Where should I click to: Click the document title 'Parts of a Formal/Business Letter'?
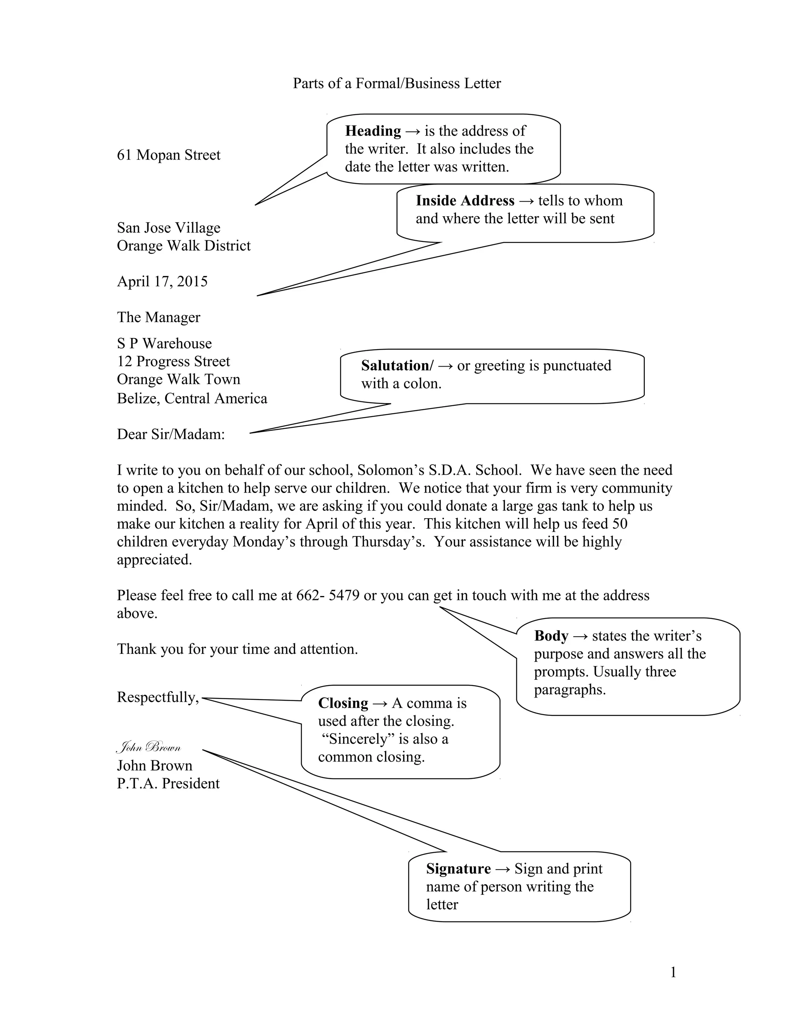coord(397,84)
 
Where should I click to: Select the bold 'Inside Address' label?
coord(465,201)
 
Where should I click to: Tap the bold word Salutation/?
coord(397,365)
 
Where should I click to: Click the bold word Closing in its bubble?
coord(342,703)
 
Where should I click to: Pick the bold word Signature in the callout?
coord(458,868)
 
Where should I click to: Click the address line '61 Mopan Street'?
coord(168,155)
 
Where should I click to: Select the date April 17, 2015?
coord(162,282)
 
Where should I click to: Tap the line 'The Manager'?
coord(159,317)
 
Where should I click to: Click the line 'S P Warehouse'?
coord(164,344)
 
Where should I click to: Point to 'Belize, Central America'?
coord(192,399)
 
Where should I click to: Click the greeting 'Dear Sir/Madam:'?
coord(171,434)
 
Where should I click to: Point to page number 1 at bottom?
coord(673,972)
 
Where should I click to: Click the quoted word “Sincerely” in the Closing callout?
coord(357,739)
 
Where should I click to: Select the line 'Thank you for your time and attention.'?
coord(237,650)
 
